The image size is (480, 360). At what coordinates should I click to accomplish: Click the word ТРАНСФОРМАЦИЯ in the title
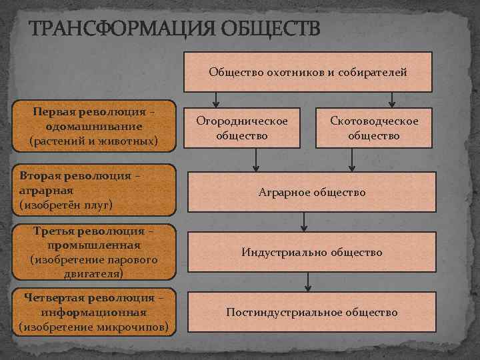tap(115, 30)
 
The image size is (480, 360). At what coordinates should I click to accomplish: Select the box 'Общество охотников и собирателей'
tap(307, 71)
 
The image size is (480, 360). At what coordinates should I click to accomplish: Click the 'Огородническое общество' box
tap(242, 127)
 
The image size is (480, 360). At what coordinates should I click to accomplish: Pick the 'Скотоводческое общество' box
tap(374, 127)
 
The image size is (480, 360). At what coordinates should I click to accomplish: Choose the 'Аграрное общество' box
tap(311, 193)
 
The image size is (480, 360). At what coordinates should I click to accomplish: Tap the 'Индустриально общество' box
tap(311, 253)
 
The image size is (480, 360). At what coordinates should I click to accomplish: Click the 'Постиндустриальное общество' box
tap(311, 312)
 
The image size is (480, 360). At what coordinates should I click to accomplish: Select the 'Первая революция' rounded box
tap(93, 125)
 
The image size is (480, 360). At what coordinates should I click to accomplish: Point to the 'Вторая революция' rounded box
tap(93, 190)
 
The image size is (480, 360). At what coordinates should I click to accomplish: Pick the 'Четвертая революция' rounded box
tap(93, 311)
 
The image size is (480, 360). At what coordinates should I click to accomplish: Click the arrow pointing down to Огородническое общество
tap(215, 99)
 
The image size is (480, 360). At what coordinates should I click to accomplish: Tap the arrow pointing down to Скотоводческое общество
tap(391, 99)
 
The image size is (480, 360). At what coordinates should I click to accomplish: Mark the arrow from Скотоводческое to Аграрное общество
tap(351, 161)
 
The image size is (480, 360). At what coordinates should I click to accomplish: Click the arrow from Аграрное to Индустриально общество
tap(304, 222)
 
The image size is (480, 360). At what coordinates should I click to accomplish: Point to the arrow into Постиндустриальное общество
tap(307, 282)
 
